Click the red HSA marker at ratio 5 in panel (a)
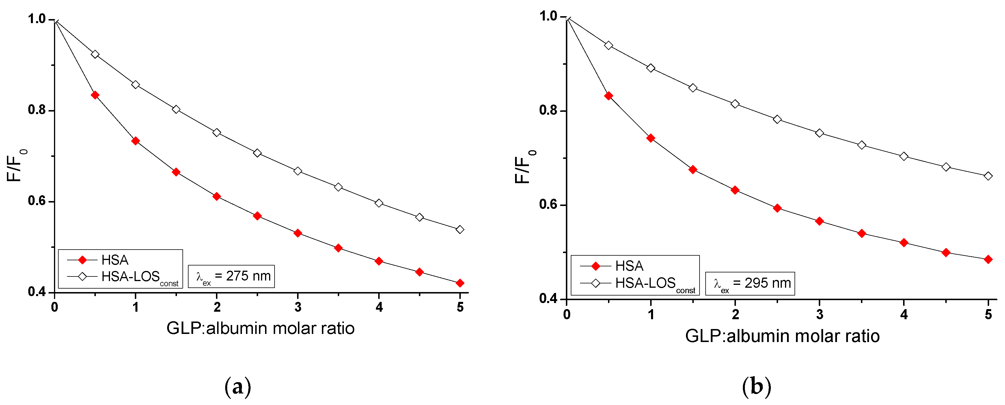(460, 283)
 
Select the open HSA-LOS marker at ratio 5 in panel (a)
(460, 229)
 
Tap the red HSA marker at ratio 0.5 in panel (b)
(608, 96)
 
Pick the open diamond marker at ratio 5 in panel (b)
(988, 176)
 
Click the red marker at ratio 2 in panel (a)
(217, 196)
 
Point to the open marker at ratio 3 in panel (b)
(819, 133)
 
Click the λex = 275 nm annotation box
(231, 276)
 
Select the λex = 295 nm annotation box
(750, 283)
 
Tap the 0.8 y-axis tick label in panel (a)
(37, 110)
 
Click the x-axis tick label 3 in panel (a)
(298, 307)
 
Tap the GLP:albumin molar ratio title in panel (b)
(782, 336)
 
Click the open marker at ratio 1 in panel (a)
(135, 85)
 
